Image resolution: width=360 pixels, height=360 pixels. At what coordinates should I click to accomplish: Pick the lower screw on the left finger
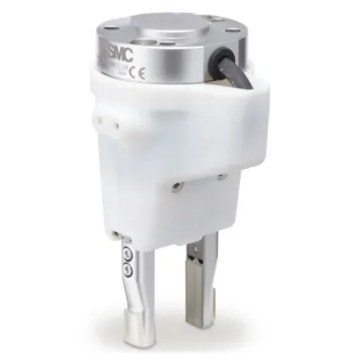(x=126, y=268)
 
